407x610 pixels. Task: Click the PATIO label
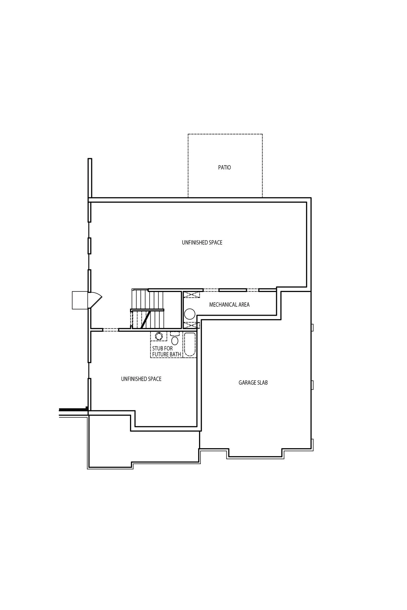click(224, 167)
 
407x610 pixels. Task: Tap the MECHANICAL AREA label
click(229, 305)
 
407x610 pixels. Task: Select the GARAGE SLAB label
click(253, 383)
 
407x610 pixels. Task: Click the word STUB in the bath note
click(157, 348)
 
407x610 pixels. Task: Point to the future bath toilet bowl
click(175, 341)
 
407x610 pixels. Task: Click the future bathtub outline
click(190, 345)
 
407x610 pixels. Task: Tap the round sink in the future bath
click(159, 336)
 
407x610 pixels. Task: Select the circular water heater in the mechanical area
click(190, 314)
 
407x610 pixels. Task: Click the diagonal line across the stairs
click(145, 320)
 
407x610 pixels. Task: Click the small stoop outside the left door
click(80, 300)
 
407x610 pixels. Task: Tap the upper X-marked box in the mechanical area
click(192, 295)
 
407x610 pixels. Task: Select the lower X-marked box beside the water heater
click(192, 325)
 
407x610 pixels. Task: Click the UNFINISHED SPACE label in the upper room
click(202, 243)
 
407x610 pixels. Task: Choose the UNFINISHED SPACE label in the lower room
click(141, 379)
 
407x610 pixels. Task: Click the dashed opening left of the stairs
click(111, 330)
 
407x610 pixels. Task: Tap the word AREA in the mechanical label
click(244, 305)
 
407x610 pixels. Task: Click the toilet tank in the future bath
click(175, 334)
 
